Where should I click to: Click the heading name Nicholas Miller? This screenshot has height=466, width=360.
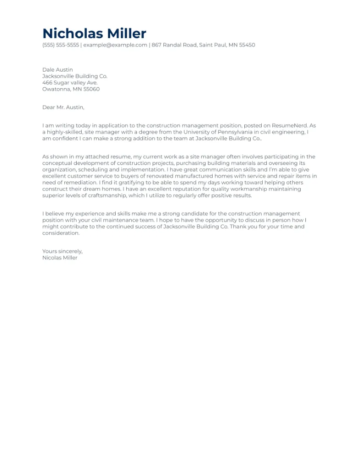click(94, 34)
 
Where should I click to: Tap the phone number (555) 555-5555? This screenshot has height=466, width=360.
click(61, 45)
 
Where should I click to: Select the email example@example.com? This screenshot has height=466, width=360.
click(115, 45)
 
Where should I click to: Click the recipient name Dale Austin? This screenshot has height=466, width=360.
click(57, 70)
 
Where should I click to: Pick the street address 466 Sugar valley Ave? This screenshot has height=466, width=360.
click(70, 83)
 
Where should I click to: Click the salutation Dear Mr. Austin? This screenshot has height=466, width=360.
click(63, 107)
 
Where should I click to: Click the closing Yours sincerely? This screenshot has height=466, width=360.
click(62, 251)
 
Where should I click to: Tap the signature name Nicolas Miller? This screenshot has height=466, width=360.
click(60, 258)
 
